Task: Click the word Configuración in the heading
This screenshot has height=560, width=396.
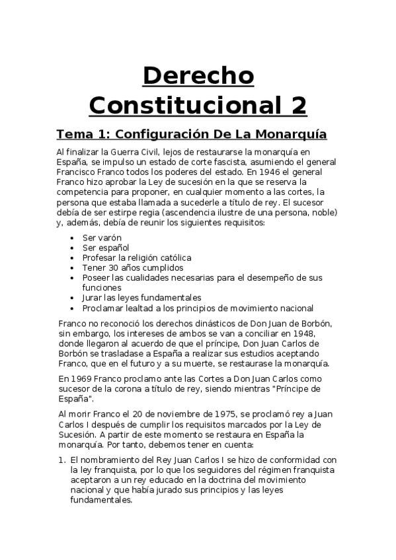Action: [x=158, y=134]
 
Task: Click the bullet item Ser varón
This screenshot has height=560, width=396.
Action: [x=102, y=237]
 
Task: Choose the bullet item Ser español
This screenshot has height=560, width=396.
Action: [x=106, y=247]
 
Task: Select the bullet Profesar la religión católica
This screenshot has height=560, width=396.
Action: [x=137, y=258]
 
